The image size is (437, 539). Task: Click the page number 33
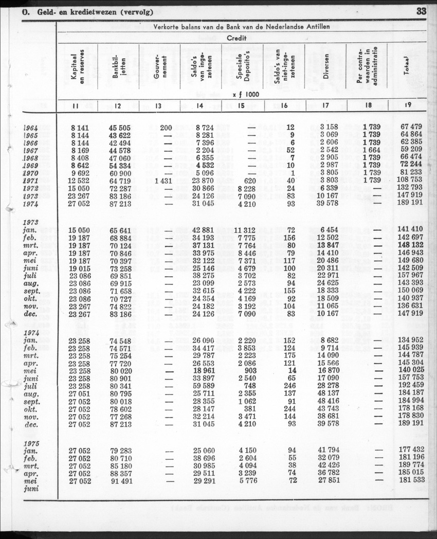click(x=421, y=11)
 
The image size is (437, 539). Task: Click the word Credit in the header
click(x=237, y=38)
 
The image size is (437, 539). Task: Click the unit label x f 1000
click(x=246, y=95)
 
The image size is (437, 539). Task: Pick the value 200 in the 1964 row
click(x=166, y=127)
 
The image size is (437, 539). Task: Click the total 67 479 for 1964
click(x=410, y=127)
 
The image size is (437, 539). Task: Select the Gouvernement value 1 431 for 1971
click(x=163, y=181)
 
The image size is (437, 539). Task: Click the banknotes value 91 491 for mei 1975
click(x=121, y=481)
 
